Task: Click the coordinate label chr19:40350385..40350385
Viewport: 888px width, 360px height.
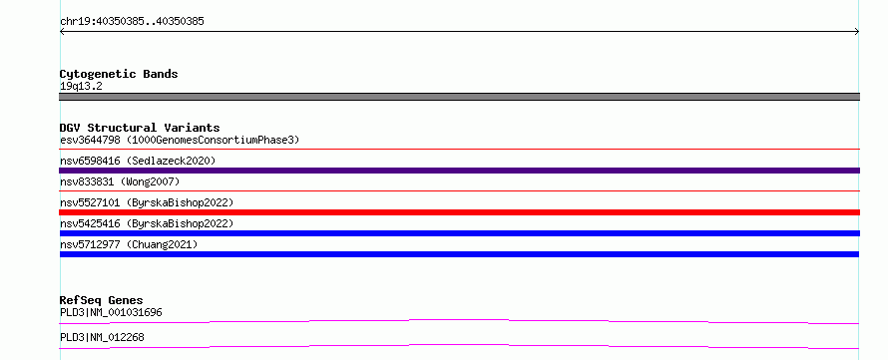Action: pyautogui.click(x=132, y=22)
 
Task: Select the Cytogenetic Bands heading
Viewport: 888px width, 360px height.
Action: pyautogui.click(x=119, y=74)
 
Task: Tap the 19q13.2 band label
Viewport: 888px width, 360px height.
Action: pyautogui.click(x=81, y=87)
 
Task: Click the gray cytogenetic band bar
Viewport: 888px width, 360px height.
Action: pyautogui.click(x=459, y=97)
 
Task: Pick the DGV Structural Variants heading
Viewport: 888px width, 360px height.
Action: pyautogui.click(x=140, y=128)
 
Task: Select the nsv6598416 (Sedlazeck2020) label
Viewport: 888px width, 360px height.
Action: pyautogui.click(x=138, y=161)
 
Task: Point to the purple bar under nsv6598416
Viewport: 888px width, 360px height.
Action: pyautogui.click(x=459, y=171)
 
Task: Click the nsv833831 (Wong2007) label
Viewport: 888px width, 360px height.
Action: pyautogui.click(x=120, y=181)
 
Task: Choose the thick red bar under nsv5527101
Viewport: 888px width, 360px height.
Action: pyautogui.click(x=459, y=212)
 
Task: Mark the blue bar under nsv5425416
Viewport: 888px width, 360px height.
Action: pyautogui.click(x=459, y=233)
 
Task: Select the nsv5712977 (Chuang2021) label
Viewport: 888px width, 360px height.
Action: pyautogui.click(x=129, y=244)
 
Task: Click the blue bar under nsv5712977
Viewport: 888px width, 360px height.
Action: pyautogui.click(x=459, y=254)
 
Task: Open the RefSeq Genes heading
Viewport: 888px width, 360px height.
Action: pyautogui.click(x=102, y=300)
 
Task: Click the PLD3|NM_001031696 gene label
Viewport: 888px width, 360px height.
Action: pyautogui.click(x=111, y=312)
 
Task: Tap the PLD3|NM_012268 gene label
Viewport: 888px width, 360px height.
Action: pyautogui.click(x=102, y=337)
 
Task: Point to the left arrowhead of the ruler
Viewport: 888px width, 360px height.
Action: pyautogui.click(x=61, y=32)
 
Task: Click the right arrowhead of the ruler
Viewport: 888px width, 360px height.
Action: pyautogui.click(x=858, y=32)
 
